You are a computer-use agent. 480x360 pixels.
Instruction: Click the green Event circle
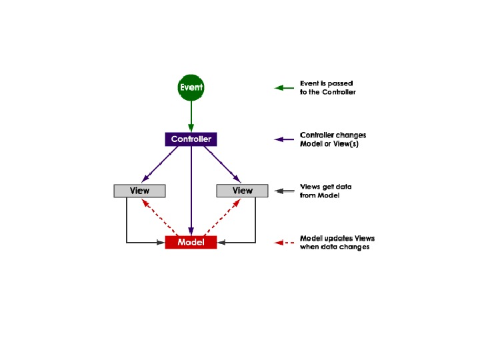pyautogui.click(x=191, y=87)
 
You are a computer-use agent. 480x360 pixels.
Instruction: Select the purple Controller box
pyautogui.click(x=191, y=139)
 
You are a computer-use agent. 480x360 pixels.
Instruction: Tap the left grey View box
pyautogui.click(x=139, y=191)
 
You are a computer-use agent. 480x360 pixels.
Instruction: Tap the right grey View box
pyautogui.click(x=242, y=191)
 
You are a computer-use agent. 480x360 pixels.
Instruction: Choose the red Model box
pyautogui.click(x=191, y=243)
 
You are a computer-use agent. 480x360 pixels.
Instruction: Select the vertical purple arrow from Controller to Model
pyautogui.click(x=191, y=193)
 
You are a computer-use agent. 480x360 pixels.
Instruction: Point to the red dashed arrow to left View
pyautogui.click(x=159, y=217)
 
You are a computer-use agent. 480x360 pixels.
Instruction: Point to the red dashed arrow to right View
pyautogui.click(x=223, y=217)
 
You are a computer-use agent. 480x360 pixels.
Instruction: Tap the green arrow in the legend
pyautogui.click(x=285, y=87)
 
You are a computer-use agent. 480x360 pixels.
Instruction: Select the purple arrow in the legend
pyautogui.click(x=285, y=139)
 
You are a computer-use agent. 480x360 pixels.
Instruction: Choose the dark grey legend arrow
pyautogui.click(x=285, y=191)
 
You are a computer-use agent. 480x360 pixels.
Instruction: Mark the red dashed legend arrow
pyautogui.click(x=285, y=243)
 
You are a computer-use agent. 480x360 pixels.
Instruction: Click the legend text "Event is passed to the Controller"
pyautogui.click(x=328, y=87)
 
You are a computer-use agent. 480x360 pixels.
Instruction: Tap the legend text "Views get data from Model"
pyautogui.click(x=326, y=191)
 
